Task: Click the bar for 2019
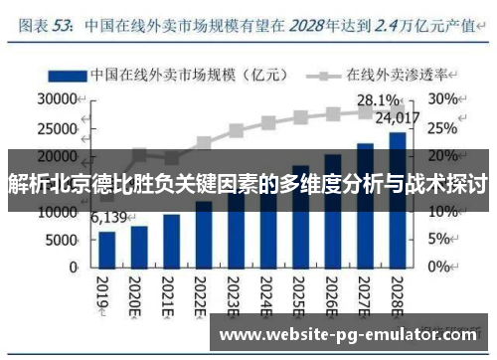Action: (107, 249)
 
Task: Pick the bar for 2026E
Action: (333, 214)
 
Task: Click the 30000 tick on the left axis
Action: (57, 99)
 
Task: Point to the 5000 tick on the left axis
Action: (62, 240)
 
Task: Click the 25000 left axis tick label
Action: (57, 127)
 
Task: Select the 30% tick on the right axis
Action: (443, 99)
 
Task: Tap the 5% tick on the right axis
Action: (440, 240)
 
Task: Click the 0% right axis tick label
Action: (440, 268)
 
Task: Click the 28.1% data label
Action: (378, 100)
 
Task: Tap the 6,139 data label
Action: (109, 217)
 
